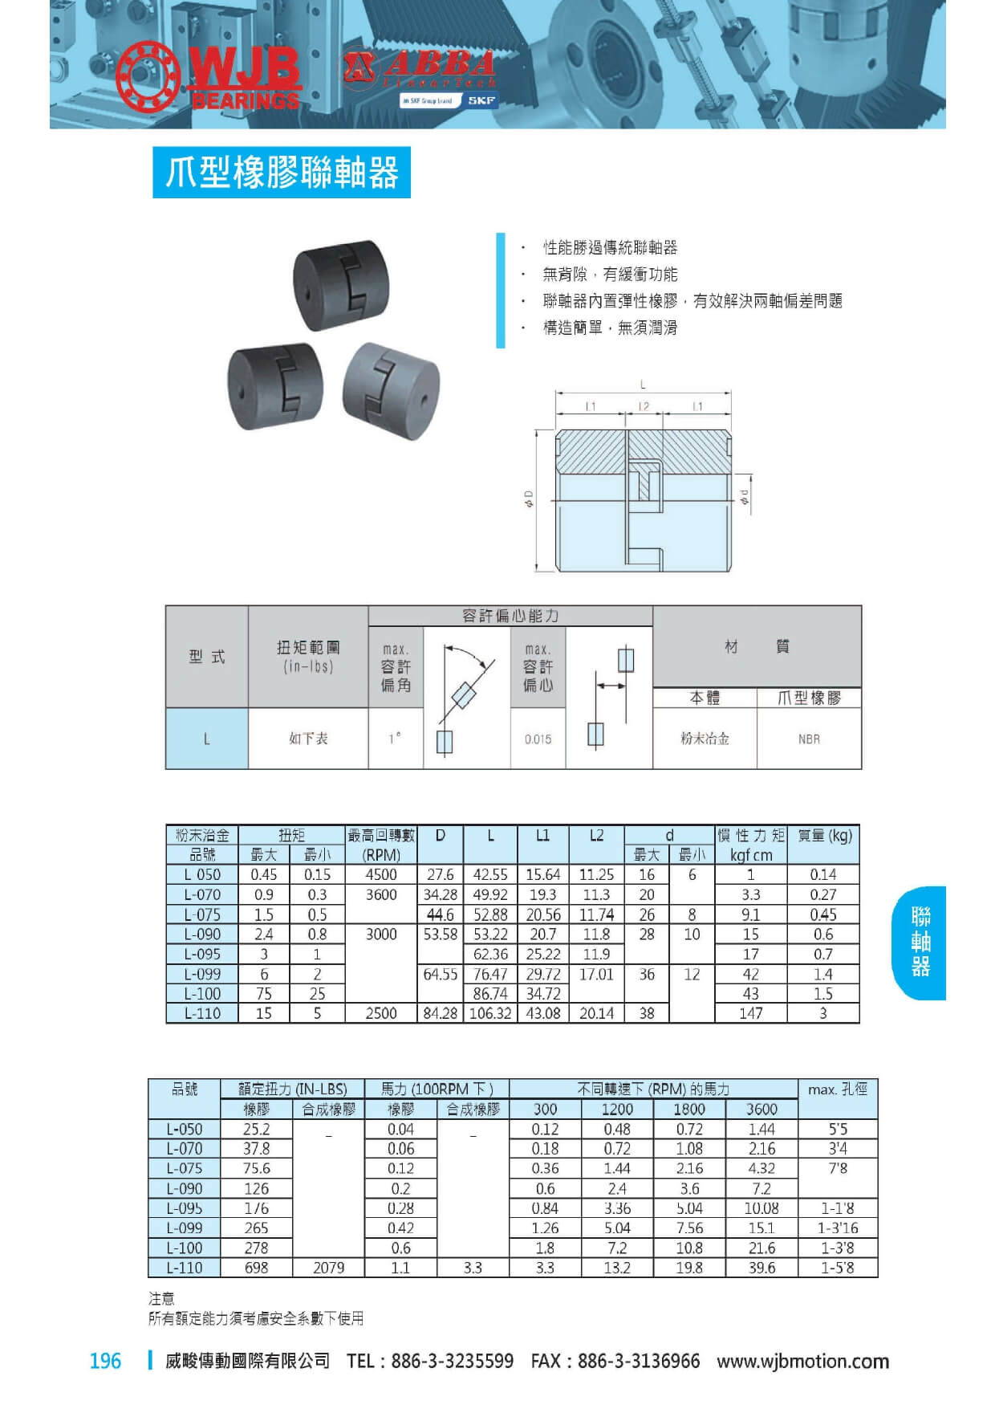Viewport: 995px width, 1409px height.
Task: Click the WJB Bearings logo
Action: [208, 77]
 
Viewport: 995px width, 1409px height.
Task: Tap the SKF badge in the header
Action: [481, 100]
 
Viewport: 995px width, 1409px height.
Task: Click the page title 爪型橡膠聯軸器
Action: [282, 173]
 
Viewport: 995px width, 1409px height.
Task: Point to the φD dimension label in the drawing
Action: [529, 499]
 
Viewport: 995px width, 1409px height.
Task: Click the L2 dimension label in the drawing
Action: [644, 407]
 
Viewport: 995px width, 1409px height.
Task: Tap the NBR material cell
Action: [809, 739]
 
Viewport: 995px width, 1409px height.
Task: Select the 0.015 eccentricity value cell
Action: [538, 739]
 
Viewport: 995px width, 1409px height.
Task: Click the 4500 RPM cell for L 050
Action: [381, 875]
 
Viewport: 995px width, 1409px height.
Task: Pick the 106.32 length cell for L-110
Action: [490, 1014]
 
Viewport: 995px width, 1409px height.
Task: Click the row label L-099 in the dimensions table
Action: [202, 975]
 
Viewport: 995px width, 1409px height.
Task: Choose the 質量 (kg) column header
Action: [824, 836]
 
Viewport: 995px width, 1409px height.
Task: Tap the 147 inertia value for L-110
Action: [751, 1014]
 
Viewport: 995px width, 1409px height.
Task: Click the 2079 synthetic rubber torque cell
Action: [328, 1268]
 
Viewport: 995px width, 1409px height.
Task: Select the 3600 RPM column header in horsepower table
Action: [761, 1110]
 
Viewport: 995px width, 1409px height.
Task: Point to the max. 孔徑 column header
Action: [838, 1089]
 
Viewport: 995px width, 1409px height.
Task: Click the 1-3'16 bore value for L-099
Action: [838, 1228]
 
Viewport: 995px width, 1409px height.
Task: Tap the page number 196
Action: [105, 1362]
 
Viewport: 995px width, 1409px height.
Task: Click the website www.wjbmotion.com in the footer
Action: [802, 1362]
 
